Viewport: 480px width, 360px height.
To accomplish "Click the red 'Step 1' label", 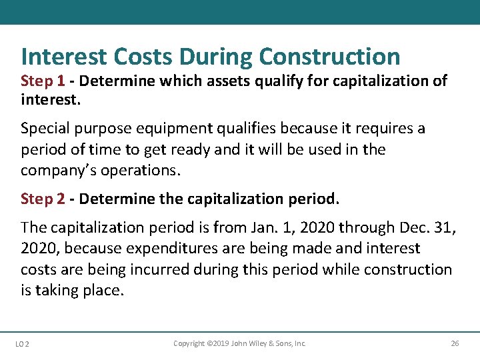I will pos(43,81).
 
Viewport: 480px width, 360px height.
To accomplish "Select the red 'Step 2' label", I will pos(43,199).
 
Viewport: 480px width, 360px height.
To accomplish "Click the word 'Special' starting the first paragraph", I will pos(45,128).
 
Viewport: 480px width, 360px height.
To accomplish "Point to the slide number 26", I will pos(455,344).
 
